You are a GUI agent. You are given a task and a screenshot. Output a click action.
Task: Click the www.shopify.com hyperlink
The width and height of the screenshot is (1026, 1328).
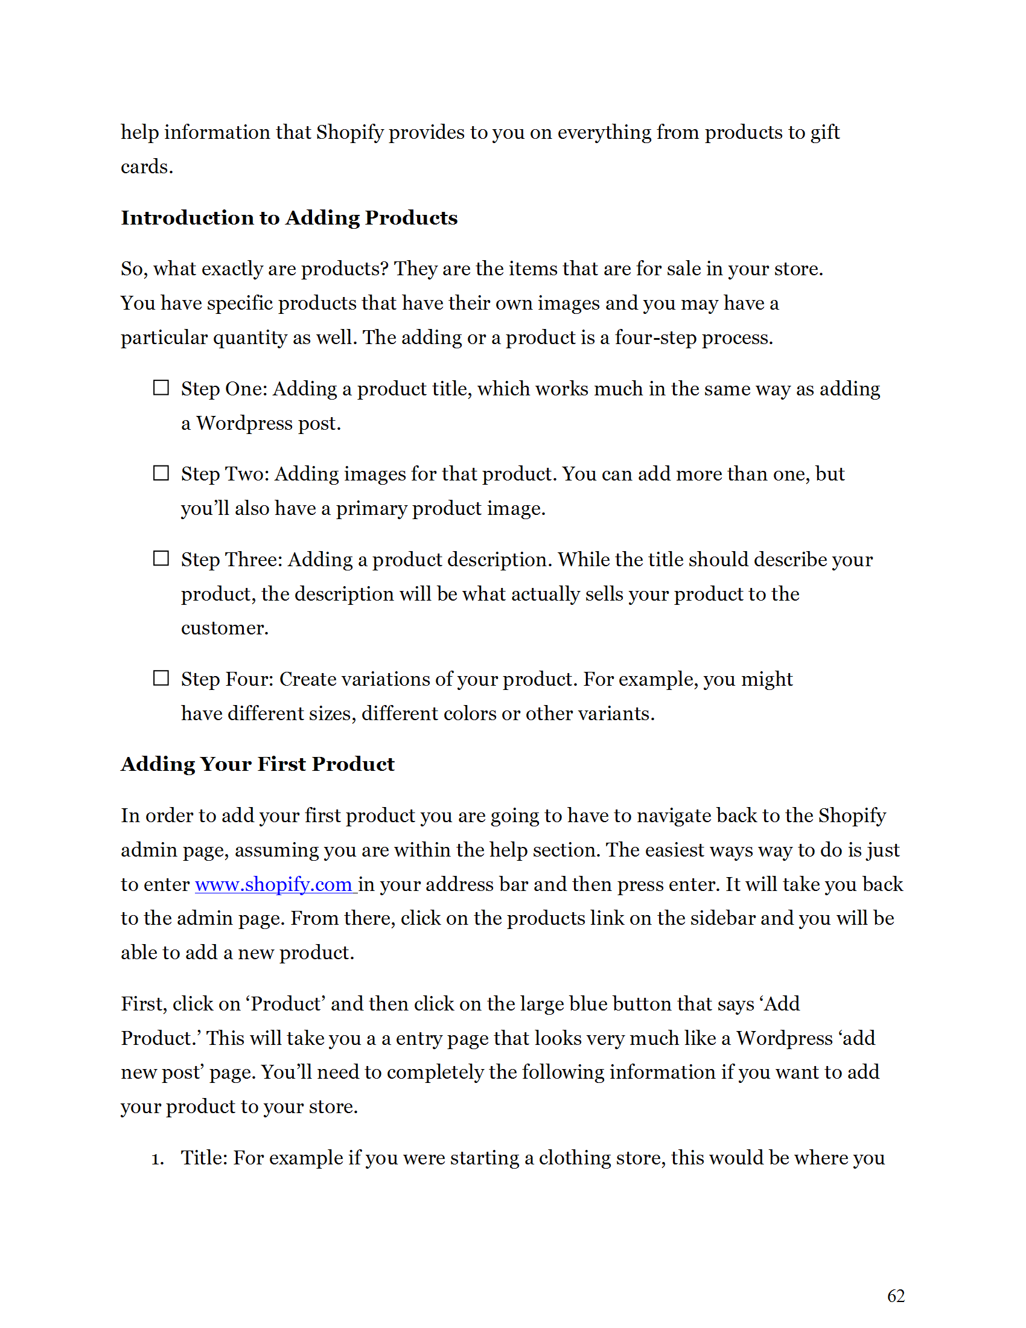click(273, 884)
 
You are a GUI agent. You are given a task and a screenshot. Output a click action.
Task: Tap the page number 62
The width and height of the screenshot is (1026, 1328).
click(895, 1296)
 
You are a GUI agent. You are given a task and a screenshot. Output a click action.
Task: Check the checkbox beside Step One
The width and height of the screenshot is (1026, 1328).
click(161, 388)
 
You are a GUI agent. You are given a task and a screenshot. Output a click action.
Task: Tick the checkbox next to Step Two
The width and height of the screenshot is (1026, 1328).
click(161, 473)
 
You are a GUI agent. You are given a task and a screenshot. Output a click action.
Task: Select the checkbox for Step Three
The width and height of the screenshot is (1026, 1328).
click(161, 558)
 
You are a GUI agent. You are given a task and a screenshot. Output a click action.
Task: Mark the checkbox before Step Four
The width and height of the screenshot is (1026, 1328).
click(161, 678)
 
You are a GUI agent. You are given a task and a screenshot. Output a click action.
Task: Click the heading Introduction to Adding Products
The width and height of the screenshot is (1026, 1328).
click(289, 218)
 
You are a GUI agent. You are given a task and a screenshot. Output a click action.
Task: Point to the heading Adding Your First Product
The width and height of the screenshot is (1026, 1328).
click(258, 764)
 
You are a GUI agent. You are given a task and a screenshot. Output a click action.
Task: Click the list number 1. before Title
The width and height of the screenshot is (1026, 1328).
click(158, 1159)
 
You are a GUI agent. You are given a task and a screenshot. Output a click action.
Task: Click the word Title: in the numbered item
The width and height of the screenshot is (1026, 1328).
click(204, 1158)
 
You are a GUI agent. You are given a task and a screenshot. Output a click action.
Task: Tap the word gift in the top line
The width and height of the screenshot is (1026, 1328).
click(826, 133)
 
